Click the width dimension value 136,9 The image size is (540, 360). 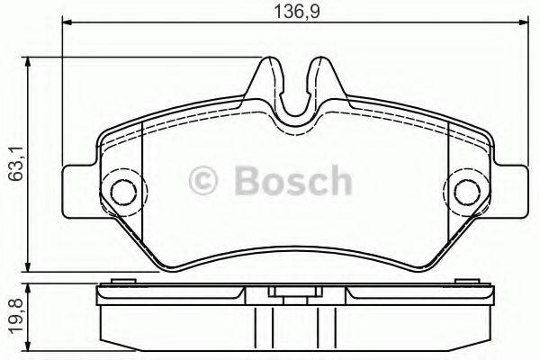pyautogui.click(x=291, y=13)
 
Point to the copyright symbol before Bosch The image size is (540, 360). pyautogui.click(x=206, y=183)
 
